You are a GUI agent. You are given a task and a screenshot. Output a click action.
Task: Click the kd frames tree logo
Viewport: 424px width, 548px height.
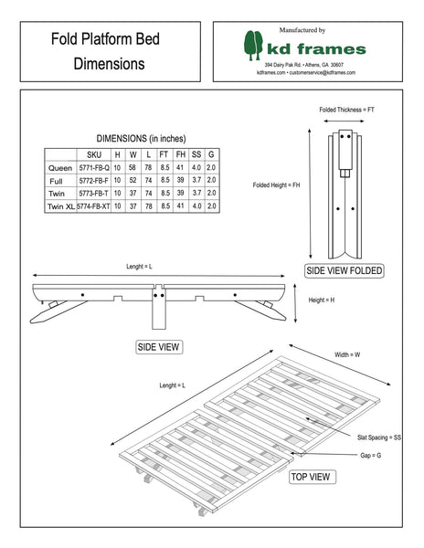(254, 45)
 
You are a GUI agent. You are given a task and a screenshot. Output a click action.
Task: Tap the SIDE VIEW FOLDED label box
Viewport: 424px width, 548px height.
(344, 271)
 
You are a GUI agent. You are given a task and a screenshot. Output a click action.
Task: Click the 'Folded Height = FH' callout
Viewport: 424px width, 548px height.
(276, 185)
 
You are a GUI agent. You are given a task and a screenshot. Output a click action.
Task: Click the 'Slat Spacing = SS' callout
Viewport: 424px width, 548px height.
(380, 439)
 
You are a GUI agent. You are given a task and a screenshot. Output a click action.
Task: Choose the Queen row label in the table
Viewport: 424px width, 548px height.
(58, 169)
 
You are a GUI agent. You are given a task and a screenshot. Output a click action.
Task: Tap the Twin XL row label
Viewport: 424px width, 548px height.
(58, 207)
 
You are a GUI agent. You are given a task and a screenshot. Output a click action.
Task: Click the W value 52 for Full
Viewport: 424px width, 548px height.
(132, 182)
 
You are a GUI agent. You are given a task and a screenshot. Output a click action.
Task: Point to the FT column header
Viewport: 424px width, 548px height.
(164, 155)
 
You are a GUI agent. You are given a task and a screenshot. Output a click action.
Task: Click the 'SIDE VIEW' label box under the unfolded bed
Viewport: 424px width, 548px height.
(159, 347)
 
